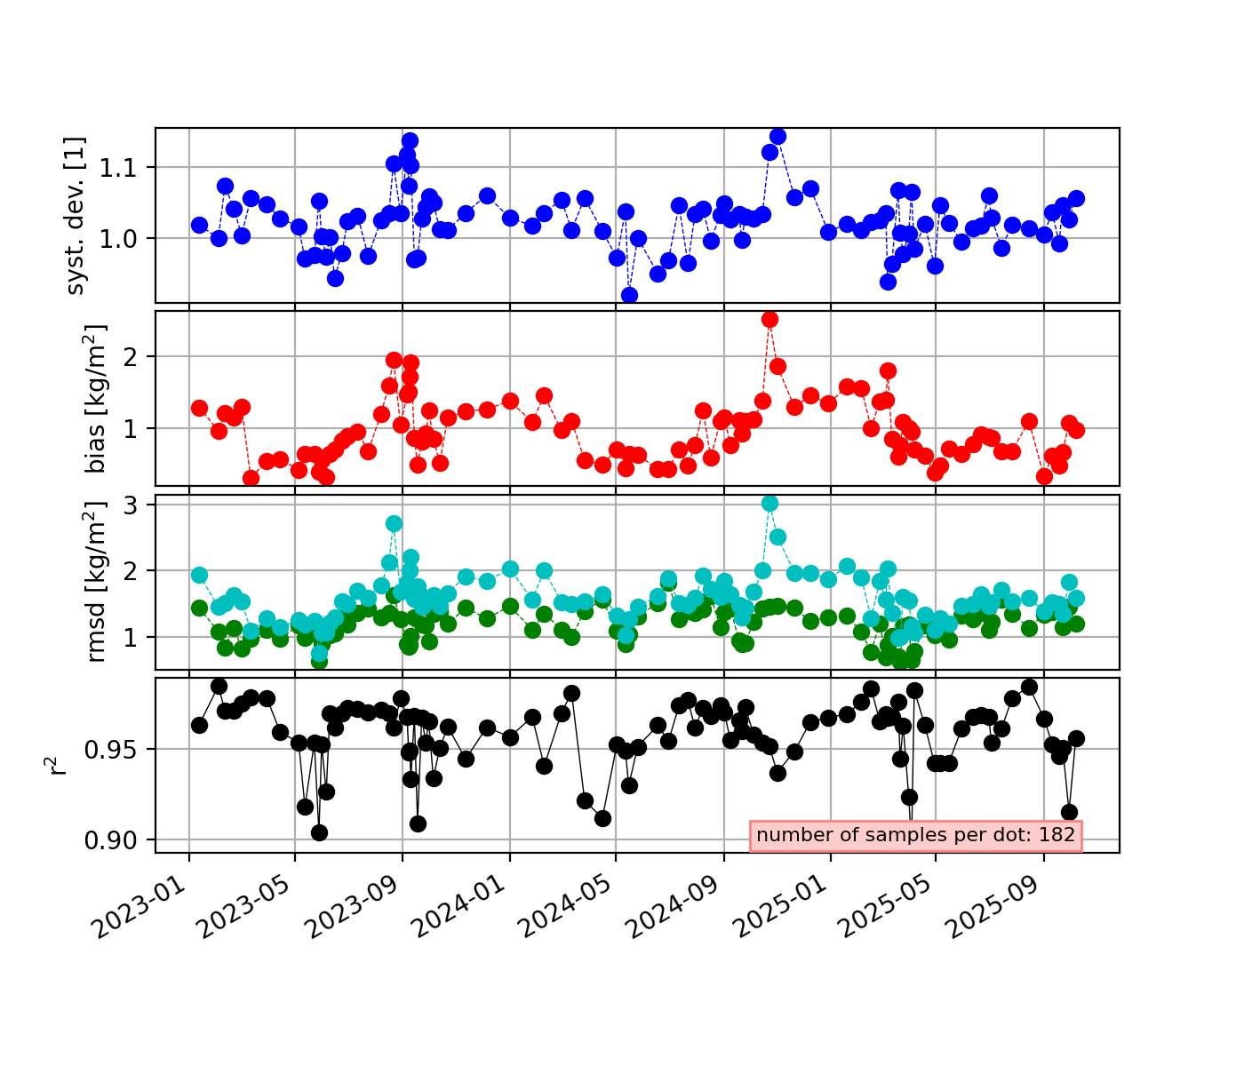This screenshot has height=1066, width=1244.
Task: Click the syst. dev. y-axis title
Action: [77, 216]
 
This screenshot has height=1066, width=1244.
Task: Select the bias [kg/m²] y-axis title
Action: [96, 399]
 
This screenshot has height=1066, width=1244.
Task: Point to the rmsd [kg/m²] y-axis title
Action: [96, 582]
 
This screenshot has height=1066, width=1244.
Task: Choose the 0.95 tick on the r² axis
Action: [116, 750]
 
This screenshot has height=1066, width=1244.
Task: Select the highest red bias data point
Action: [770, 319]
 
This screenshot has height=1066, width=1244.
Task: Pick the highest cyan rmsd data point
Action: [770, 503]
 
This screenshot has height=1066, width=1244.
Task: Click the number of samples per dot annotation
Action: [915, 835]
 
